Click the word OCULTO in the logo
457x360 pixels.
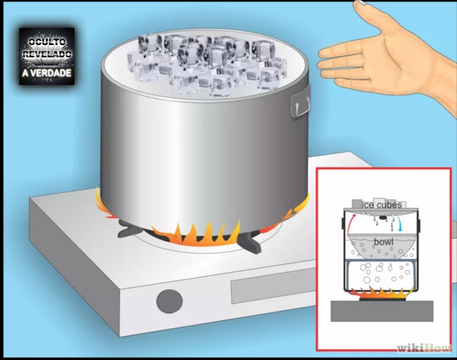[x=46, y=42]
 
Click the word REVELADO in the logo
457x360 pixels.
[x=46, y=54]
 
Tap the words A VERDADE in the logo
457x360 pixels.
[x=46, y=73]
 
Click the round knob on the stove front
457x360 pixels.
[x=169, y=301]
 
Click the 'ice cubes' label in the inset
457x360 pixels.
[x=381, y=205]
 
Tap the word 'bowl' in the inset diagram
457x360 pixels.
[x=383, y=241]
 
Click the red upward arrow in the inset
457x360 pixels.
[x=349, y=224]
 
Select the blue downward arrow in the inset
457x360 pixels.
[x=399, y=224]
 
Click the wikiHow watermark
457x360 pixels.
[x=424, y=348]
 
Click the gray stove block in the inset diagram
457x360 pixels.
[x=382, y=311]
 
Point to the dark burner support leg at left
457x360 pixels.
[x=129, y=229]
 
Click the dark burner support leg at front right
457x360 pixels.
[x=250, y=242]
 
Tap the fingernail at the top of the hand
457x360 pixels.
[x=361, y=2]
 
